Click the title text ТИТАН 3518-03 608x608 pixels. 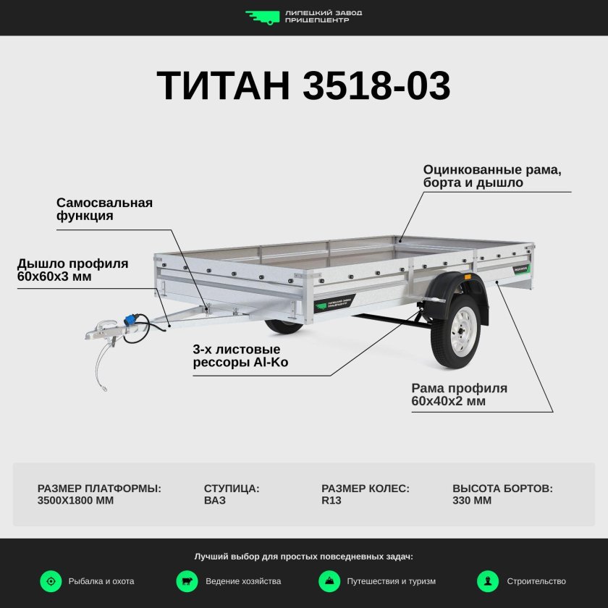click(x=303, y=86)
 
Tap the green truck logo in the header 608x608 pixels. click(x=262, y=17)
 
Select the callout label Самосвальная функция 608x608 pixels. click(x=104, y=208)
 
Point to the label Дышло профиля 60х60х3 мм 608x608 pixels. click(x=72, y=269)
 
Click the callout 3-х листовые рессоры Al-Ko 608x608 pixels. click(x=240, y=355)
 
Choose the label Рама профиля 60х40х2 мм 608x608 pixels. click(x=459, y=394)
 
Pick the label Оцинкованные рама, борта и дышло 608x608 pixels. click(x=492, y=176)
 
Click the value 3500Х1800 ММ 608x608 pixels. click(x=75, y=500)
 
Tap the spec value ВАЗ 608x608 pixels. click(x=214, y=500)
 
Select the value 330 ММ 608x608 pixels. click(x=471, y=500)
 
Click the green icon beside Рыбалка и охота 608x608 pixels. click(x=51, y=580)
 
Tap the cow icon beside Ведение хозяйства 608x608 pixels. click(x=187, y=580)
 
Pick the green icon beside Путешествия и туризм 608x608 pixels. click(x=329, y=580)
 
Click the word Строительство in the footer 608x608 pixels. click(x=536, y=581)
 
